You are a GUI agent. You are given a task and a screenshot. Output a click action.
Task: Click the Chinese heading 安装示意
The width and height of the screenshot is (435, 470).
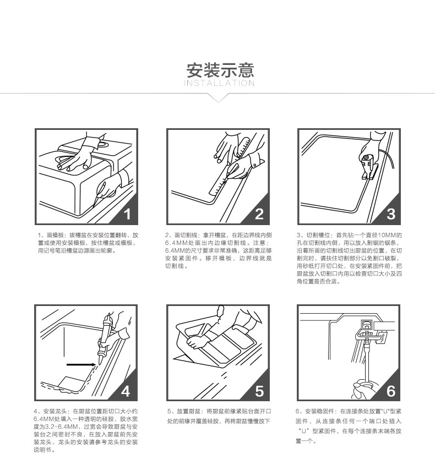220,70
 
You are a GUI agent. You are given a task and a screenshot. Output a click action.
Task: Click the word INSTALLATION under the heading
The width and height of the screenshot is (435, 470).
219,83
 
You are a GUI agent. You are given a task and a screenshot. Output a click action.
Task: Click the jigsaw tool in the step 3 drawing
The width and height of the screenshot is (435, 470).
369,167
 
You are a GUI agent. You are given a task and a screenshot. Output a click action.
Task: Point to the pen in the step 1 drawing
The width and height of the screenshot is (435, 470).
100,192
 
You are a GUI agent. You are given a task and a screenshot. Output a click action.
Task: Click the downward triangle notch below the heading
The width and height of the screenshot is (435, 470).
219,98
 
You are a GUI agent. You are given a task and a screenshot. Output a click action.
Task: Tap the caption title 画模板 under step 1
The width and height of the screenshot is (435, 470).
55,236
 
